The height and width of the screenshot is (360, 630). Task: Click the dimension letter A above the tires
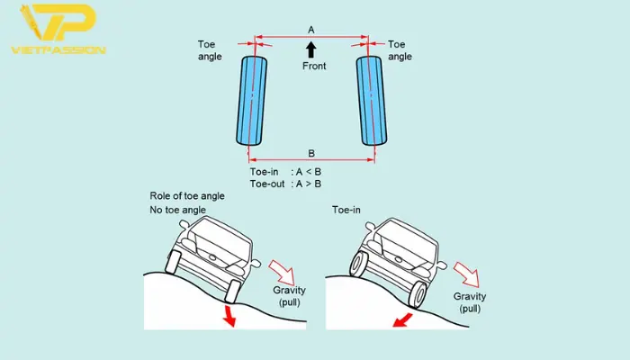(310, 30)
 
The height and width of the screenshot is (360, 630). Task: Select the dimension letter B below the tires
(310, 152)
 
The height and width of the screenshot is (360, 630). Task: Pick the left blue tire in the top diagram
(254, 100)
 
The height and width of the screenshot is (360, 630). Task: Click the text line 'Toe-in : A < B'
(285, 171)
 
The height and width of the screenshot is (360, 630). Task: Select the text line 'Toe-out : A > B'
(285, 184)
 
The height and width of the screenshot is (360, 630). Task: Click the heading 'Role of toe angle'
(186, 196)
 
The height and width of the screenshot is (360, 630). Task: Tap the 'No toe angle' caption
(178, 210)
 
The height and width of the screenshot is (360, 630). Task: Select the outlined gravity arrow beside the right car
(464, 273)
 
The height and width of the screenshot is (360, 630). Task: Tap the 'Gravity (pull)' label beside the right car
(470, 302)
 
